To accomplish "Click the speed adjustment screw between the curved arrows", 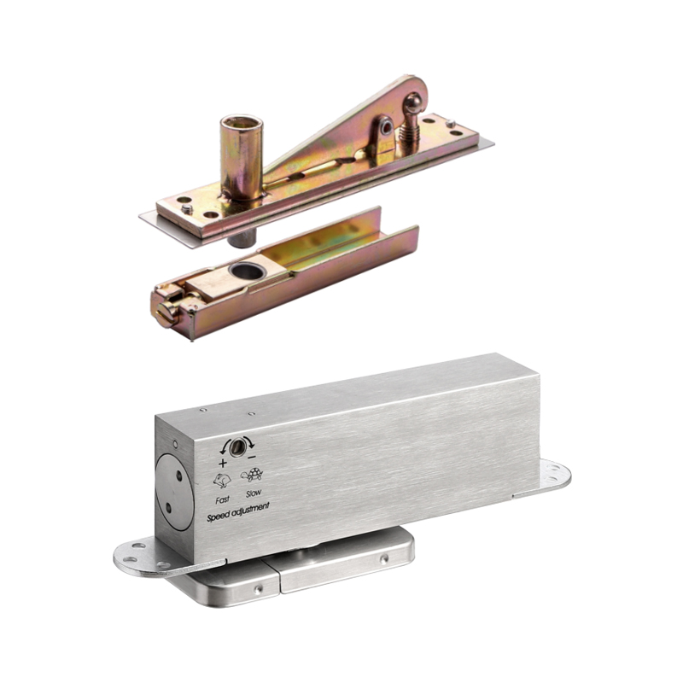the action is click(237, 447).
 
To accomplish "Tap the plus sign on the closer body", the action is click(223, 463).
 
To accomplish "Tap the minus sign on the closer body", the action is click(252, 458).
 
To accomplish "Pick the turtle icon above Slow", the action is click(251, 475).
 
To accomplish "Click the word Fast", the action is click(223, 499).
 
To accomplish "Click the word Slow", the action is click(254, 493).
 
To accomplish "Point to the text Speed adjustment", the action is click(238, 512).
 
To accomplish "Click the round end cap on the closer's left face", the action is click(174, 492).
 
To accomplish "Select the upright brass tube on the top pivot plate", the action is click(242, 157).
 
